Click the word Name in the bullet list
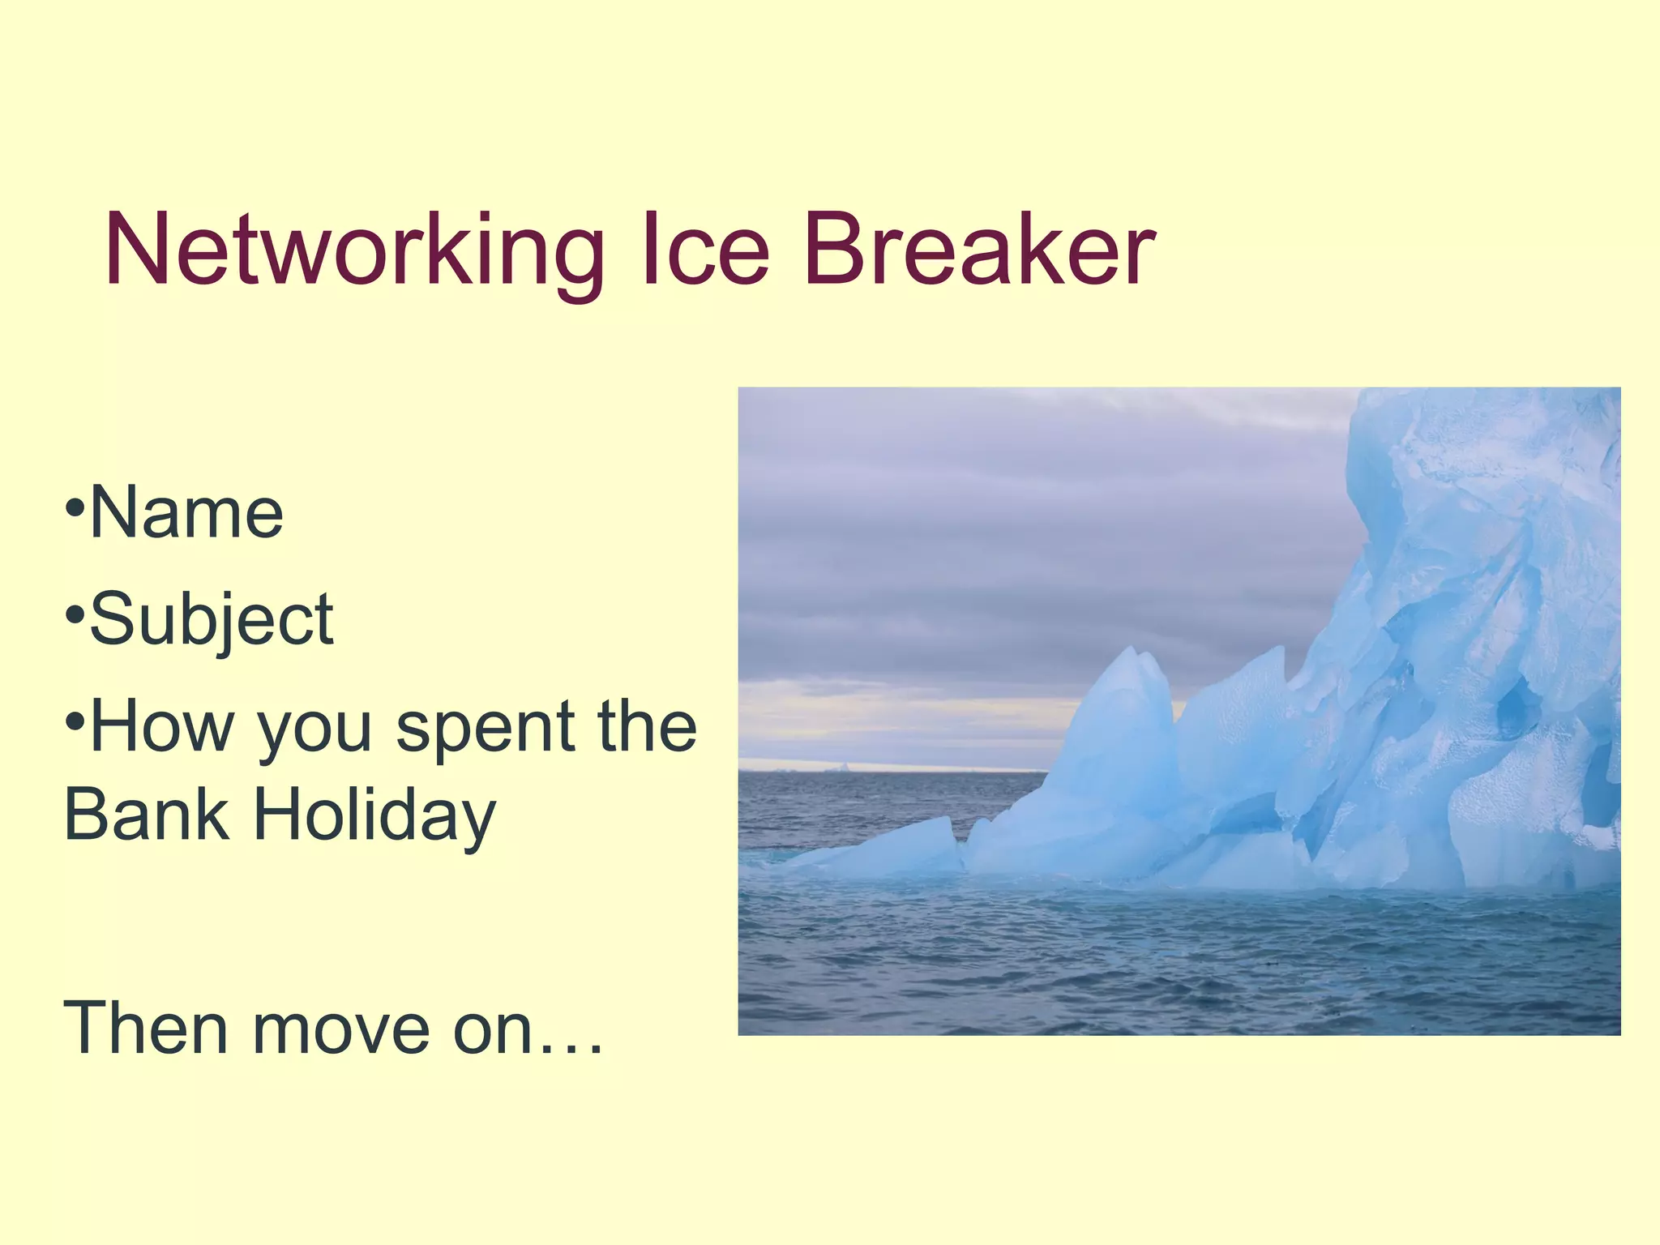click(x=186, y=513)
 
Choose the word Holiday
click(x=374, y=817)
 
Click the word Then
click(x=146, y=1029)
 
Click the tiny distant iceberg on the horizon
click(x=844, y=765)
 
